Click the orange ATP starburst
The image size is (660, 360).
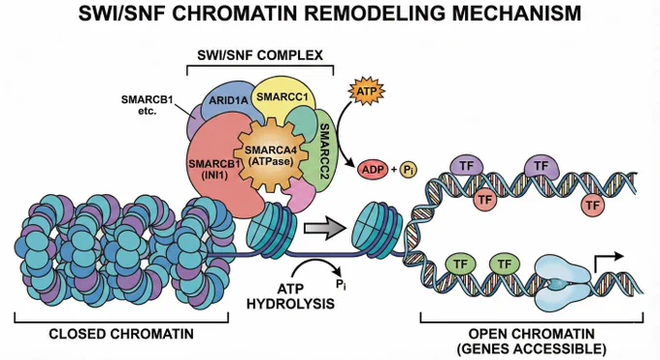coord(366,91)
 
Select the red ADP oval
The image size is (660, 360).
coord(373,169)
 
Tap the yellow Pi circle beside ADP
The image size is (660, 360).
coord(408,170)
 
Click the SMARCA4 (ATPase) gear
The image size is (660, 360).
coord(269,156)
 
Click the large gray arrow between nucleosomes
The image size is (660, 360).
coord(324,228)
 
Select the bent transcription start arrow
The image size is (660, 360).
coord(607,262)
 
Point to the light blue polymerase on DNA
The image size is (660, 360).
coord(563,283)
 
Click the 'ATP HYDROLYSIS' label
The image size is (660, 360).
coord(290,296)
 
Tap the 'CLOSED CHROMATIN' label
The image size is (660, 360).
coord(121,334)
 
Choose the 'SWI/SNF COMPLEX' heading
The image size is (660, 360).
coord(260,55)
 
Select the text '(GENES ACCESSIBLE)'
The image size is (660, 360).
coord(532,348)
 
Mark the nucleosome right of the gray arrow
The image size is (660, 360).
coord(377,230)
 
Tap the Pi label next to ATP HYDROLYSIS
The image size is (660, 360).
coord(341,285)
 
